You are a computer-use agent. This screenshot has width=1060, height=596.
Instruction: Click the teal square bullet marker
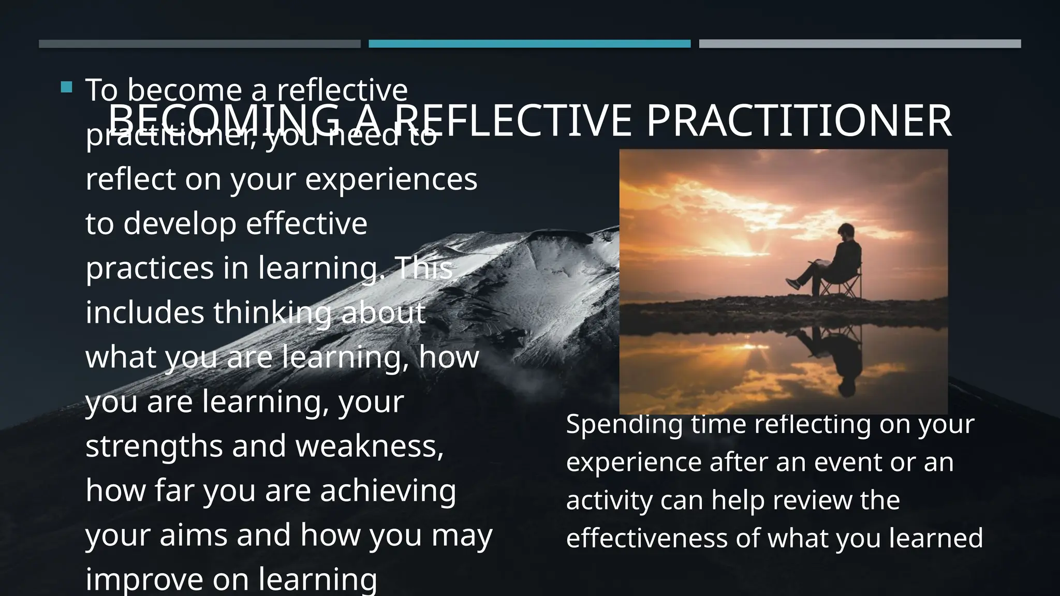click(x=66, y=87)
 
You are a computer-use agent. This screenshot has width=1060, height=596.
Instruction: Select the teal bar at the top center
click(x=529, y=44)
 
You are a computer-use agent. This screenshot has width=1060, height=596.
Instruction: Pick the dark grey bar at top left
click(x=199, y=44)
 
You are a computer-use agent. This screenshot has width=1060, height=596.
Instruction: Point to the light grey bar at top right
click(x=860, y=44)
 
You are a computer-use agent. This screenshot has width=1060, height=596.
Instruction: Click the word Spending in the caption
click(x=624, y=425)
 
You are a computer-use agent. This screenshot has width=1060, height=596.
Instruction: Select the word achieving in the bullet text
click(x=388, y=490)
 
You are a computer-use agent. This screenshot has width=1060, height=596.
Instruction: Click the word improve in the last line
click(x=144, y=579)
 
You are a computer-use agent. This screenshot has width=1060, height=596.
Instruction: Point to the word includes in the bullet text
click(x=145, y=313)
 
